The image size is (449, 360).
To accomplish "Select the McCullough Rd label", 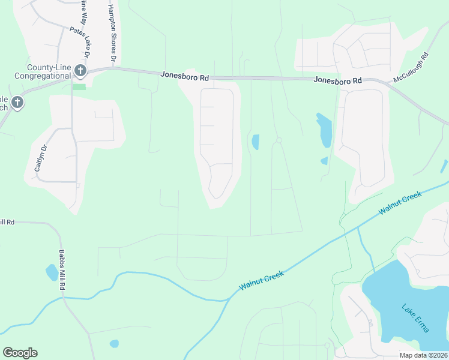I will [x=411, y=68].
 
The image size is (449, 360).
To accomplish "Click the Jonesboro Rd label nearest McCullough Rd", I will [x=339, y=80].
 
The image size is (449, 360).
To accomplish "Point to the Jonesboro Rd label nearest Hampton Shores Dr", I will [x=185, y=76].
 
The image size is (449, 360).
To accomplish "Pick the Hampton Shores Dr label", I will [x=111, y=34].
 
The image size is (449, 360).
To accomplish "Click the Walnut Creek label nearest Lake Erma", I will [x=400, y=204].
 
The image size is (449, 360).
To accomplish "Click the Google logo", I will [x=20, y=353].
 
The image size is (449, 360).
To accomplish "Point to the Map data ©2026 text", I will [x=424, y=355].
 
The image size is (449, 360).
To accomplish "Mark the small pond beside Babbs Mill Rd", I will [x=52, y=272].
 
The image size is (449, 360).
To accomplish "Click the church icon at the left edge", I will [x=17, y=103].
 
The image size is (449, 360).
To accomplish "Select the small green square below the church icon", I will [x=79, y=86].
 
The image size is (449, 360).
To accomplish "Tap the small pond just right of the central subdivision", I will [x=255, y=142].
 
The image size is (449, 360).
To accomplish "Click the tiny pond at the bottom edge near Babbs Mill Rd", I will [x=114, y=344].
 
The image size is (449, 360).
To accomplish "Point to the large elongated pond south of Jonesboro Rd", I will [x=324, y=130].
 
